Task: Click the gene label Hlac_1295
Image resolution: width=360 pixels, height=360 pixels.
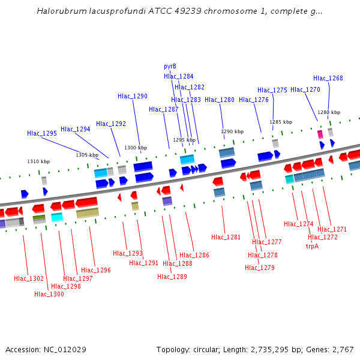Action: coord(42,133)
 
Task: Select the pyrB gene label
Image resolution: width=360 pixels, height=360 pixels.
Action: coord(170,66)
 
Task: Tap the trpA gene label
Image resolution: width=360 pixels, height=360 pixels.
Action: coord(312,246)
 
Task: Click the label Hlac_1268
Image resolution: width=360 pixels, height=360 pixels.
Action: coord(328,78)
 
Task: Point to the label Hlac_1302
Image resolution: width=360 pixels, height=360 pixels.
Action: coord(29,278)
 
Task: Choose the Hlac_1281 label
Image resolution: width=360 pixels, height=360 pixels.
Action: coord(226,237)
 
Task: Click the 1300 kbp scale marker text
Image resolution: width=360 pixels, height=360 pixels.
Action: coord(135,148)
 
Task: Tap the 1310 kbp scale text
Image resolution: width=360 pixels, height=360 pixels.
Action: coord(38,161)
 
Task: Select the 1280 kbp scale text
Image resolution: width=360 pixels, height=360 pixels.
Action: coord(328,112)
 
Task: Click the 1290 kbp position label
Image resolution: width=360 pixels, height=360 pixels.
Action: coord(232,131)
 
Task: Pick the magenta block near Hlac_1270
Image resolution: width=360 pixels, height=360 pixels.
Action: coord(320,134)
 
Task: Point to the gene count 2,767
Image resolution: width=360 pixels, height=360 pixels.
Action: coord(343,349)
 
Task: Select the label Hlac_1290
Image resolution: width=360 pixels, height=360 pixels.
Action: coord(133,96)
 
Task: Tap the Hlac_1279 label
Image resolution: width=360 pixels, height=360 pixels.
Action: coord(260,268)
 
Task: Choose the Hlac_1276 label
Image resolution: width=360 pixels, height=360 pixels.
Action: coord(254,100)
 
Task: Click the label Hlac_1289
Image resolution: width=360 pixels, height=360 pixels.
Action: coord(172,277)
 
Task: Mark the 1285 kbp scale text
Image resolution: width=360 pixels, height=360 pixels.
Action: coord(281,122)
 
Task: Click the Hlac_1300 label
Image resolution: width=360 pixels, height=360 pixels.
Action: coord(49,294)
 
